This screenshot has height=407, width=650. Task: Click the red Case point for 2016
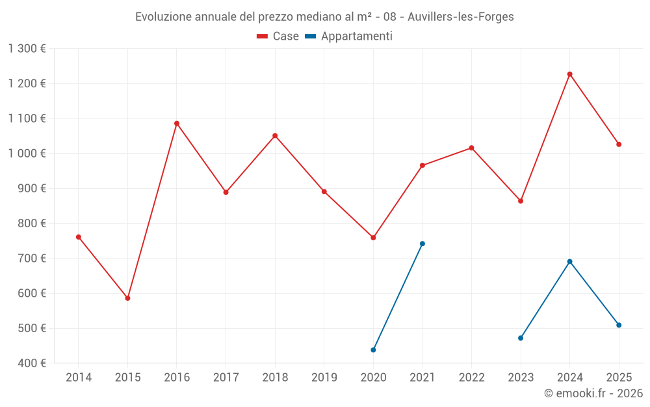(x=177, y=123)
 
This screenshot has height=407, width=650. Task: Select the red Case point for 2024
(x=570, y=74)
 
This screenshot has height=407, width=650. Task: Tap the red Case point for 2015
(x=127, y=298)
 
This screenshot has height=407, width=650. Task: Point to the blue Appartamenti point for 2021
(x=422, y=244)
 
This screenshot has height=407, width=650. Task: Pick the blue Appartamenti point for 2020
(x=373, y=350)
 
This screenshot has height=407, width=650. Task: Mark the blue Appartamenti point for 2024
(x=570, y=262)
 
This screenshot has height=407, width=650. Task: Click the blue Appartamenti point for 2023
(x=521, y=338)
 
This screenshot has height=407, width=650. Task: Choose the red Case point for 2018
(x=275, y=135)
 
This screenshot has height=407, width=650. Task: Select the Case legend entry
(x=278, y=36)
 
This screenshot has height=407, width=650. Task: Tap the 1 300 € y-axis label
(x=27, y=48)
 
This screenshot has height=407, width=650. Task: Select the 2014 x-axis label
(x=79, y=377)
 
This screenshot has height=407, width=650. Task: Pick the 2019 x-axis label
(x=324, y=377)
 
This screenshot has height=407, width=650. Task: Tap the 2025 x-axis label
(x=619, y=377)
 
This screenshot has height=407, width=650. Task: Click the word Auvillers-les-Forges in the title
(x=461, y=17)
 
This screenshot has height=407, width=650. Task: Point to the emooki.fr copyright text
(x=593, y=393)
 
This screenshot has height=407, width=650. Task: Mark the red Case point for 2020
(x=373, y=238)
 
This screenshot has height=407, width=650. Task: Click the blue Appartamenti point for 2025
(x=619, y=325)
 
